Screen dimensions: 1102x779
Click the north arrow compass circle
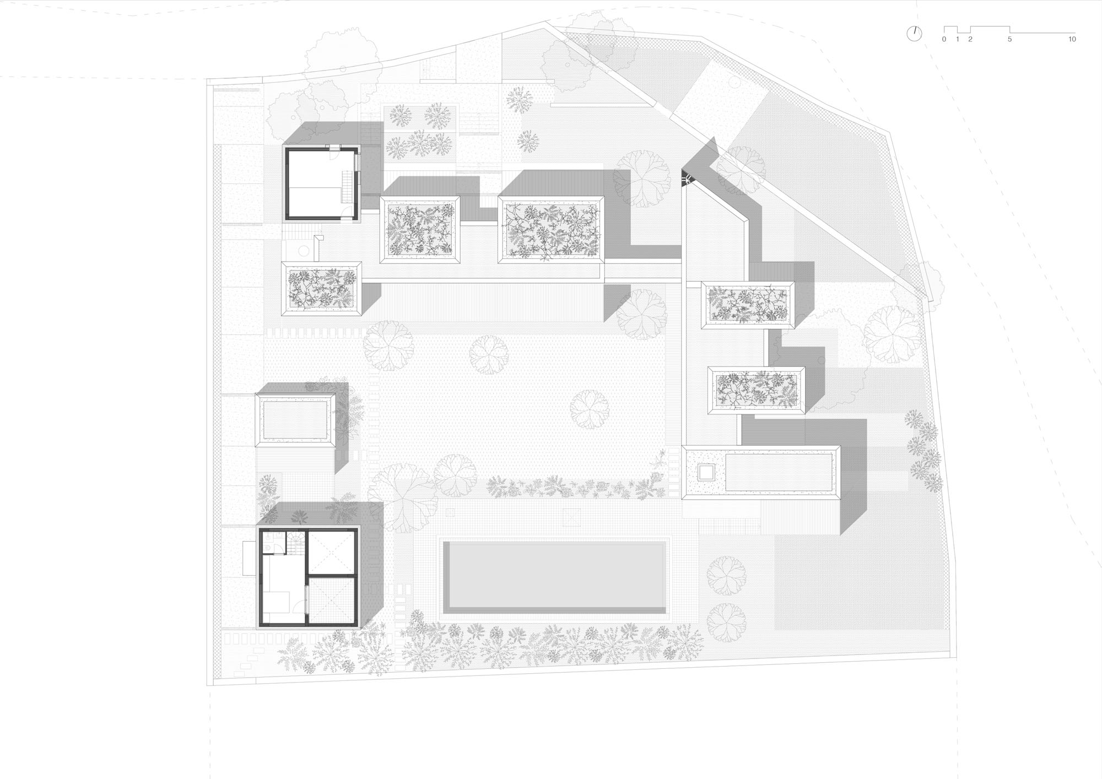coord(914,34)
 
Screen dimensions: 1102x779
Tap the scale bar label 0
coord(944,40)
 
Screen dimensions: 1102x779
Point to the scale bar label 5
coord(1009,40)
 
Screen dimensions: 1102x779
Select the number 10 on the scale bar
coord(1072,40)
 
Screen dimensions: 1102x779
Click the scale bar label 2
coord(970,40)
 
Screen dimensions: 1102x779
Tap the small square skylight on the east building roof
coord(706,472)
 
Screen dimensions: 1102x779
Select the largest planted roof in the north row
coord(551,230)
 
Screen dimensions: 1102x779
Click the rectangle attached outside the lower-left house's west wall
coord(250,558)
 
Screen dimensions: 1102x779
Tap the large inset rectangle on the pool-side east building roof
coord(779,472)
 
